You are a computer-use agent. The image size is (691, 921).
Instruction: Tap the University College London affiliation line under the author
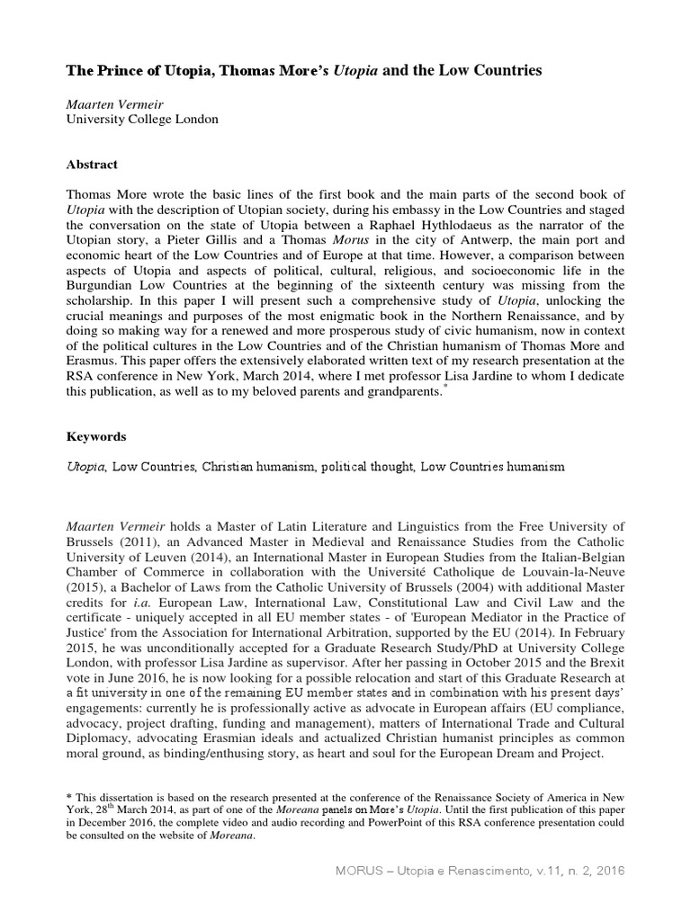(141, 119)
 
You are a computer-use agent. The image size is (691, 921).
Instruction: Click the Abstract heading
(94, 165)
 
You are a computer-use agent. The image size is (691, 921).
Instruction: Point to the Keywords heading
(97, 436)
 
